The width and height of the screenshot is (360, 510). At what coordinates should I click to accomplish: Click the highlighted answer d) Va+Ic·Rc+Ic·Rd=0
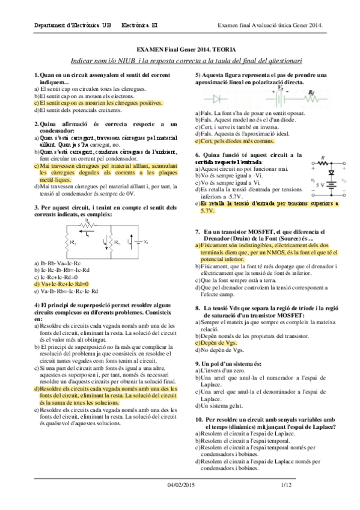point(62,283)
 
